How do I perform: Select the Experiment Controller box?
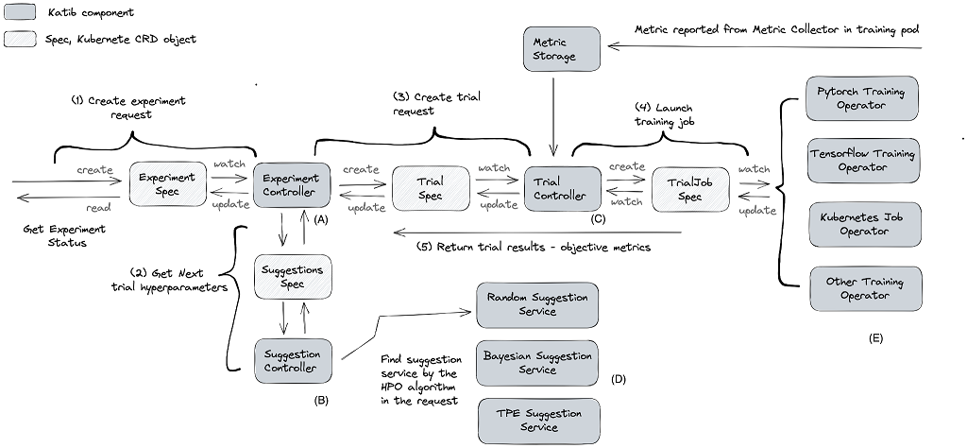point(291,185)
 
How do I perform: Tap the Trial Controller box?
point(562,187)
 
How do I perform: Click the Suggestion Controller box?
point(292,360)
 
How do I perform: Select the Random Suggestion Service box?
point(536,303)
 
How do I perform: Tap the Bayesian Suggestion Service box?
point(536,363)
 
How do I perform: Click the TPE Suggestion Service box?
point(536,421)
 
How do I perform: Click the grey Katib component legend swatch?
point(22,13)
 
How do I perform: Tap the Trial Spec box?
point(430,187)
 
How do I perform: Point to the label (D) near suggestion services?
point(619,379)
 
